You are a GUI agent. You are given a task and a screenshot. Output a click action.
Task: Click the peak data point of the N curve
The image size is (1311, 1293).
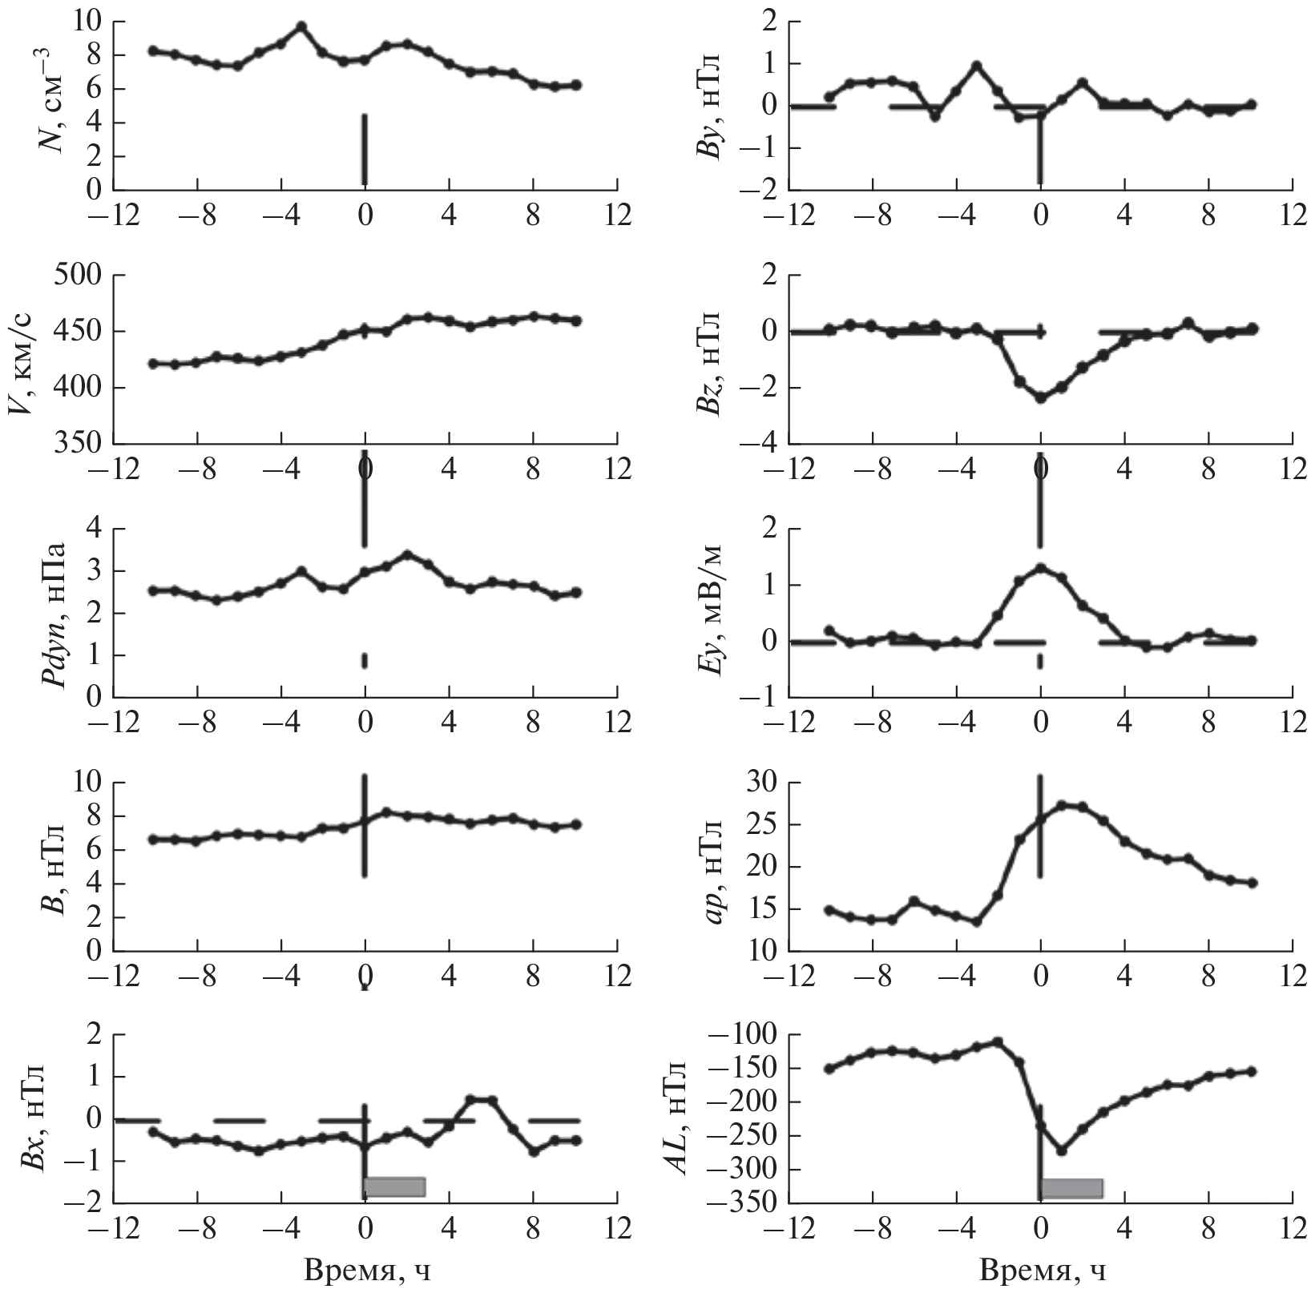[x=301, y=26]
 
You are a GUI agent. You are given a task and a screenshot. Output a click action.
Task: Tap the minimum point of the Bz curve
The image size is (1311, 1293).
[x=1040, y=397]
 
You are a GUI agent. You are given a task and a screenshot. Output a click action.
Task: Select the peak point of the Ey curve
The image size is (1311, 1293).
[x=1040, y=568]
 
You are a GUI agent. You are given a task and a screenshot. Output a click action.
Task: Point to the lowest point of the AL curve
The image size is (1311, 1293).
[x=1062, y=1150]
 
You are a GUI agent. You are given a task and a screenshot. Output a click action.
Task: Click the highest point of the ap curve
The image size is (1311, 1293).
[x=1062, y=805]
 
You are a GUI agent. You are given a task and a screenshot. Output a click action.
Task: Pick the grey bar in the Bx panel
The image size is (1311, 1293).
[x=394, y=1186]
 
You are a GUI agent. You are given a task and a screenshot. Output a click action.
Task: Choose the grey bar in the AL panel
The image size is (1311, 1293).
[x=1071, y=1188]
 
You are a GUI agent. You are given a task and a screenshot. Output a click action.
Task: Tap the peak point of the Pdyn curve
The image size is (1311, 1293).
[x=407, y=554]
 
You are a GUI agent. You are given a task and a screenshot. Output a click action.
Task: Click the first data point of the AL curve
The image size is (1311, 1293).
[x=829, y=1069]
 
